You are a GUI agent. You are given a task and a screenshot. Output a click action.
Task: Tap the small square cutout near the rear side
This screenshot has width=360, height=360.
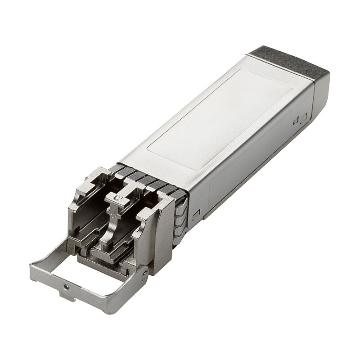297,121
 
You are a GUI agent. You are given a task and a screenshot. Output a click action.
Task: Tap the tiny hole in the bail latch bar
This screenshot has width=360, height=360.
67,286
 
